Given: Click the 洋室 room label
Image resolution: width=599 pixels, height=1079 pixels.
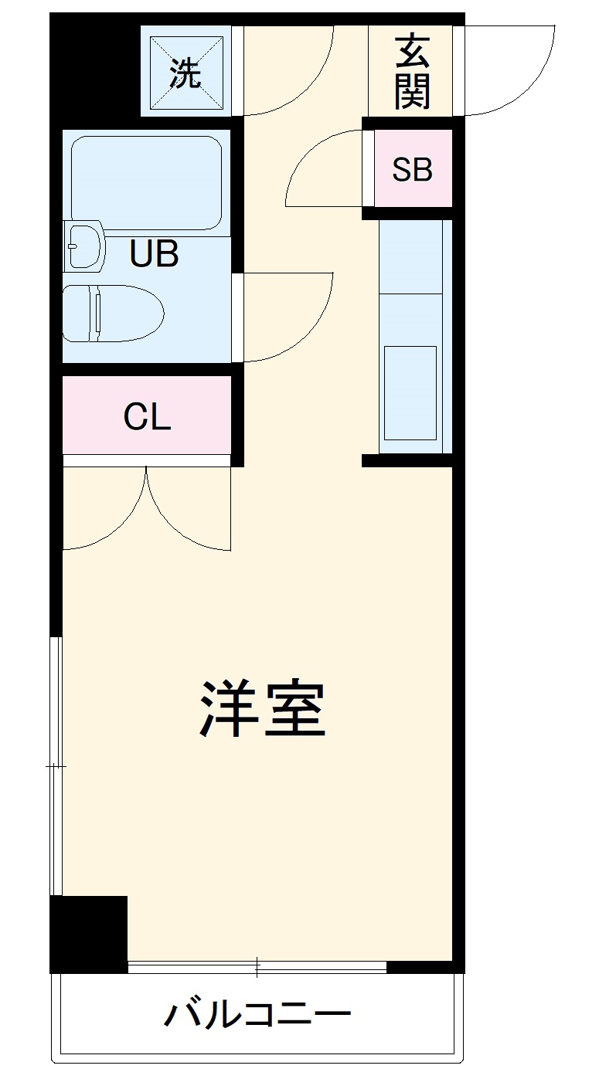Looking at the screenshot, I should [x=264, y=708].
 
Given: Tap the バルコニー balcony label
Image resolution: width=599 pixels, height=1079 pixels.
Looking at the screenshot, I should [x=257, y=1013].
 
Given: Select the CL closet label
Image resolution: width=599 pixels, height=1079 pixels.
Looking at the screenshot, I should [x=147, y=418].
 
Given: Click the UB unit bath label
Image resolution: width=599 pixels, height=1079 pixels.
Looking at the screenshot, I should [x=154, y=253].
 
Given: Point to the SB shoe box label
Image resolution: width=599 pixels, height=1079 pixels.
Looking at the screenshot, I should [x=411, y=169].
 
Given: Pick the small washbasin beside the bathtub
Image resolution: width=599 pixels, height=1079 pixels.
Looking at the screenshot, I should [x=84, y=245].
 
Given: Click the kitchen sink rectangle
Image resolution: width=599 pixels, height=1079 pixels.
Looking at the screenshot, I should [x=410, y=392].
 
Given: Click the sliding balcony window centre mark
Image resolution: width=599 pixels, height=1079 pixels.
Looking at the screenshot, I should [x=257, y=965].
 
